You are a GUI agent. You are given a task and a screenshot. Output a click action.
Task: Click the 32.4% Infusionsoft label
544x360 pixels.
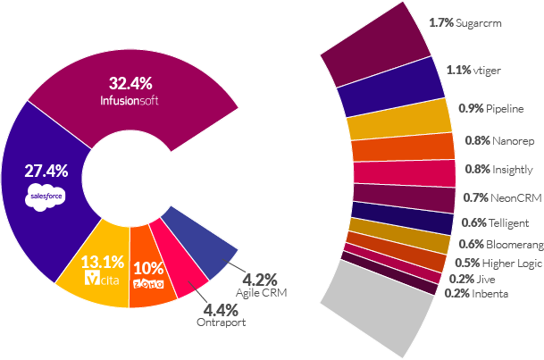coord(129,91)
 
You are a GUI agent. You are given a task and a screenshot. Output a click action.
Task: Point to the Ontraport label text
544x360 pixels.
coord(220,324)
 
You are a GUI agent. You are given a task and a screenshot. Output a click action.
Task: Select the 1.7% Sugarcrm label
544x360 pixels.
coord(463,25)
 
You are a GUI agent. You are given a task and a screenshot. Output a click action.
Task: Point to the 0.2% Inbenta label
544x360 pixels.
coord(476,293)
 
